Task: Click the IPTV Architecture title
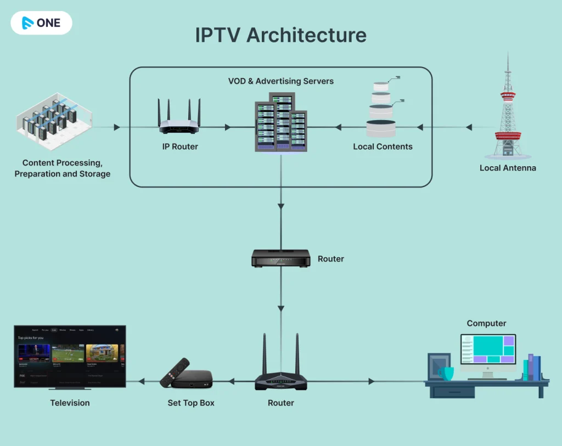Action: point(280,35)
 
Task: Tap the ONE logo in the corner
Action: point(41,23)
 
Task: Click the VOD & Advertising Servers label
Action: point(280,81)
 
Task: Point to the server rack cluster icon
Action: point(280,122)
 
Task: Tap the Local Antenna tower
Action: point(508,110)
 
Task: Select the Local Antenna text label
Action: point(508,168)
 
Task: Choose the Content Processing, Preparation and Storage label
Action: point(63,168)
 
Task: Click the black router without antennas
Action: point(280,258)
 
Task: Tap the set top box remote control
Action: point(174,372)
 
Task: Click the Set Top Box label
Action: point(191,403)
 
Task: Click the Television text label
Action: point(70,403)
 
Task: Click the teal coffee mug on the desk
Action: point(446,374)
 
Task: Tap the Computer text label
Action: point(486,324)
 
